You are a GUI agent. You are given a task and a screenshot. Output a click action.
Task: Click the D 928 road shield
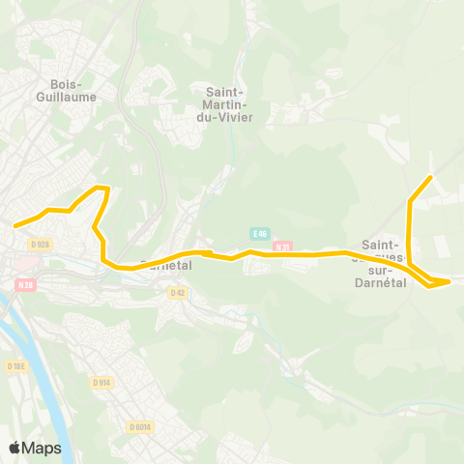coord(39,245)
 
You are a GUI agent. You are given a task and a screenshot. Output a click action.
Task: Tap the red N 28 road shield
coord(25,284)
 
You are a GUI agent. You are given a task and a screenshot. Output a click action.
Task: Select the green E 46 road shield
coord(258,233)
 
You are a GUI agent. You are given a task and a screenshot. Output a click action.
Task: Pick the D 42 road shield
coord(177,292)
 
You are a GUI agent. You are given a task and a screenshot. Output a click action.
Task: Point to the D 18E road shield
coord(14,366)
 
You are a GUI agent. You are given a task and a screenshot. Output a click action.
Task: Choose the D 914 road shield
coord(101,383)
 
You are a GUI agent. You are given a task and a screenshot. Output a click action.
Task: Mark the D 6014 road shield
coord(139,426)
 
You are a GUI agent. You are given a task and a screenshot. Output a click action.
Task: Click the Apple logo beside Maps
coord(14,448)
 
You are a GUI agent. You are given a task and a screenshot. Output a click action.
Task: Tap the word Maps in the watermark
coord(42,448)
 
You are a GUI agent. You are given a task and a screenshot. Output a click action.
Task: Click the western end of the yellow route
coord(14,226)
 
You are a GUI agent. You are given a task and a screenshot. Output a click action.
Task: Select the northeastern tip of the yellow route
coord(429,179)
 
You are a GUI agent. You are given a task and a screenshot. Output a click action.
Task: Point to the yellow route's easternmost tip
coord(449,281)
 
